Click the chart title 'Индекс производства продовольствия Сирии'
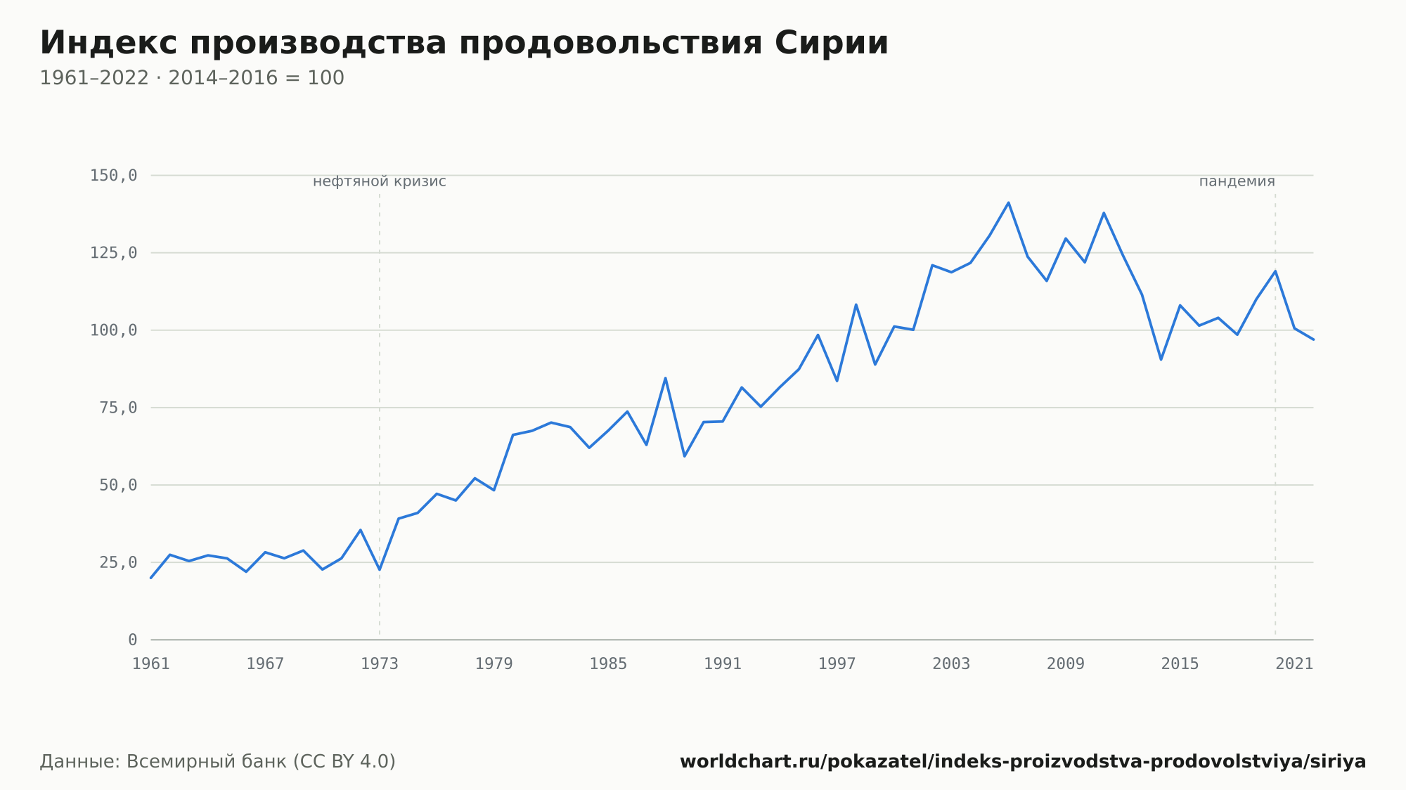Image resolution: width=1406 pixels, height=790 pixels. click(464, 44)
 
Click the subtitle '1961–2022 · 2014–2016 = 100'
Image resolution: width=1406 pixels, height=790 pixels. click(192, 78)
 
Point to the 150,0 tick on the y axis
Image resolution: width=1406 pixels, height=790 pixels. click(113, 176)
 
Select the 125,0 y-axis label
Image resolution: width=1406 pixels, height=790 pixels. click(113, 253)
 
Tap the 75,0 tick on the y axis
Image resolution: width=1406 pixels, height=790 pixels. click(118, 408)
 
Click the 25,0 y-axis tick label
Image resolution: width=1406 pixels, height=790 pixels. click(118, 562)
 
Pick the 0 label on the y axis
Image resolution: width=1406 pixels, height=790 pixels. click(133, 640)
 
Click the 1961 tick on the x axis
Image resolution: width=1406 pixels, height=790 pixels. click(151, 664)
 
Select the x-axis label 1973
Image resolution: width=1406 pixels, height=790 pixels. click(380, 664)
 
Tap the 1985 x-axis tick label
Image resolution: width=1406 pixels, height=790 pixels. click(608, 664)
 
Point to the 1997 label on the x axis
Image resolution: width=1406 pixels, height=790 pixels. click(837, 664)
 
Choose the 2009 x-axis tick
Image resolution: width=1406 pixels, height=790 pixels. click(1066, 664)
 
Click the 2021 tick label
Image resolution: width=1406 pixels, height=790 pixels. click(1294, 664)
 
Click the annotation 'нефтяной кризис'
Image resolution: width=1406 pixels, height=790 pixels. click(380, 181)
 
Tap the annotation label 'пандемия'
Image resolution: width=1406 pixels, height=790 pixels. click(1237, 181)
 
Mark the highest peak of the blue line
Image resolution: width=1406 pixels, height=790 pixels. click(1008, 202)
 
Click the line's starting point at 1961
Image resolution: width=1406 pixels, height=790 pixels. click(151, 578)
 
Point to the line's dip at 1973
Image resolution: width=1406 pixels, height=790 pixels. click(380, 569)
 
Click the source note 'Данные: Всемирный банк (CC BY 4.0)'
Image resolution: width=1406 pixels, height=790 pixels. click(218, 762)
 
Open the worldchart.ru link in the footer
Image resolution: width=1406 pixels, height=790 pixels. click(1023, 762)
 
